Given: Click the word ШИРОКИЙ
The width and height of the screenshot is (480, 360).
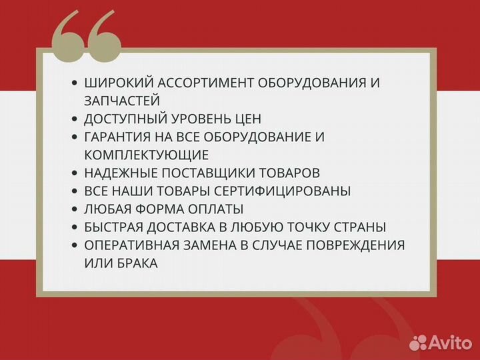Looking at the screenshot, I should click(x=115, y=83).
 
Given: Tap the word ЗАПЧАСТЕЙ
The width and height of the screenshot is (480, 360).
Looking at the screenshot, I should click(x=122, y=101).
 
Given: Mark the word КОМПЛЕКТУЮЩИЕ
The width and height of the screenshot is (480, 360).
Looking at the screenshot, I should click(x=147, y=155).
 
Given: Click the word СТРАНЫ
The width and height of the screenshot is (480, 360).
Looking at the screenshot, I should click(x=363, y=227).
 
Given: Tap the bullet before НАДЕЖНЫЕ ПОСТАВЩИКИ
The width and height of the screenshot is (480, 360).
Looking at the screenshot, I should click(x=75, y=173).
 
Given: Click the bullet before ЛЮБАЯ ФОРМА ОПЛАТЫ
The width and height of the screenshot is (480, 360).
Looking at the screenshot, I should click(x=75, y=209).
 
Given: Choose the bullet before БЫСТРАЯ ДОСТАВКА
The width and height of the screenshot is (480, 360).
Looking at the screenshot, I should click(x=75, y=227).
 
